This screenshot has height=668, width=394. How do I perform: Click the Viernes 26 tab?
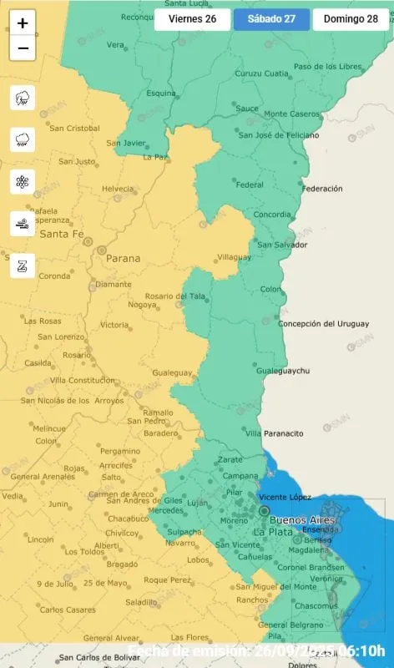coord(193,19)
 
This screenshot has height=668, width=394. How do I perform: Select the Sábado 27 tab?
coord(271,19)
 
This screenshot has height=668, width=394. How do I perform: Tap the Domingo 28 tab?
coord(351,19)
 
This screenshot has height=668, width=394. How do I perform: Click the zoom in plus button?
coord(23,23)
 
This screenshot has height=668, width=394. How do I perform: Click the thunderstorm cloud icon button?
coord(23,99)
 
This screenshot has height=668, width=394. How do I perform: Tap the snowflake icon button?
coord(23,182)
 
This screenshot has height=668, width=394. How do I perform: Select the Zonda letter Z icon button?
coord(23,266)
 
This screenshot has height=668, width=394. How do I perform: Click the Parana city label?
coord(122,259)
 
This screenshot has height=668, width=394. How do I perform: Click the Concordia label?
coord(272,215)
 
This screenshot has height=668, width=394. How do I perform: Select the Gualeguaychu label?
coord(283,370)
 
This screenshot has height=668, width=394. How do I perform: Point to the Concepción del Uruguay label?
coord(322,324)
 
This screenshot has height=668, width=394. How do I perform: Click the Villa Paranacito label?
coord(274,433)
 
